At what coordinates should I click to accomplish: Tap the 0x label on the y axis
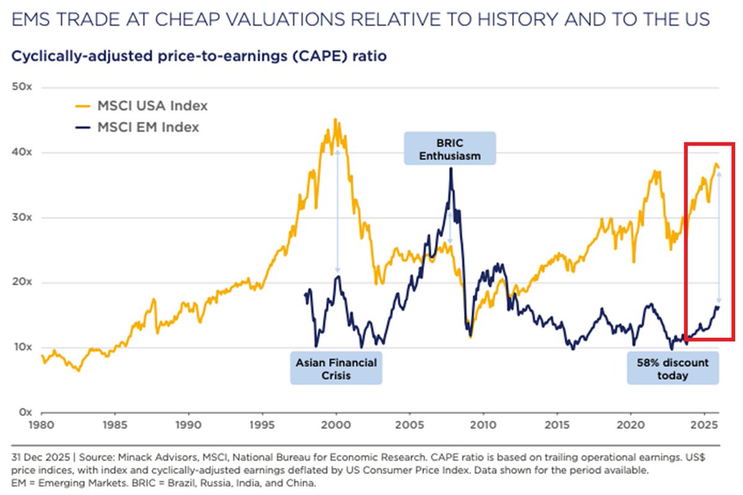25,412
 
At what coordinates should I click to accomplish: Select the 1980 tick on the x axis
41,426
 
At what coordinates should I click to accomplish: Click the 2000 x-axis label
336,426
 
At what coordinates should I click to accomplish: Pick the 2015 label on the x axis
557,426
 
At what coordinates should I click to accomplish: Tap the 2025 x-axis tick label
705,426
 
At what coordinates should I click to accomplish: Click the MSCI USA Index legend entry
152,106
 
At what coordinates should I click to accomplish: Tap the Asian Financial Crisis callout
336,368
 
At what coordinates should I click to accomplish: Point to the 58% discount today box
672,368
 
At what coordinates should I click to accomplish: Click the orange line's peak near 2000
336,120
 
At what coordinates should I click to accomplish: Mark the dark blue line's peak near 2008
451,169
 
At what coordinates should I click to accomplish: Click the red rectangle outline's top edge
709,144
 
